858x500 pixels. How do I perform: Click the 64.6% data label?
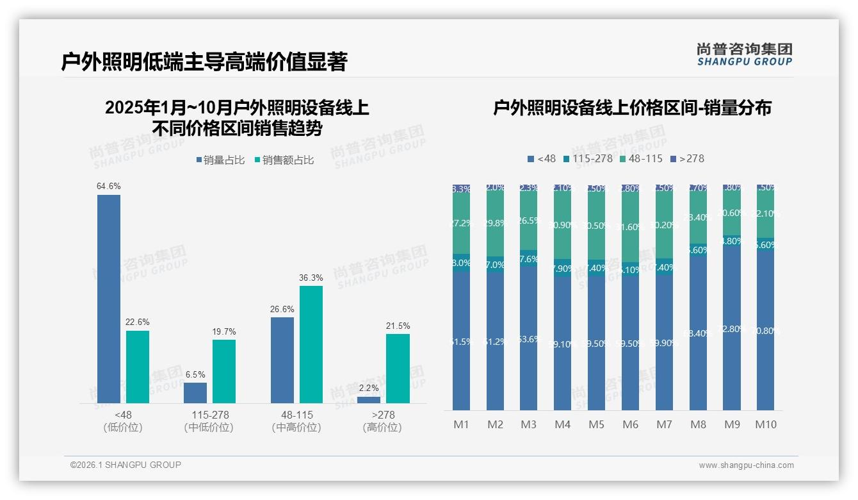109,186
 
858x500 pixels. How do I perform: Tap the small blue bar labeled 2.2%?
369,400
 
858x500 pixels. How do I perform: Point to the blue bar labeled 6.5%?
195,393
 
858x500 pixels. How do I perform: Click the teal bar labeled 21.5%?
398,369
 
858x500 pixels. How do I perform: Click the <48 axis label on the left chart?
122,415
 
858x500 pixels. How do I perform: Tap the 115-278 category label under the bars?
209,415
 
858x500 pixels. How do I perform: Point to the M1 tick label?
462,424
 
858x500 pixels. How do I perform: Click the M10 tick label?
765,424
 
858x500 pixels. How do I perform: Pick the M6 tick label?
630,424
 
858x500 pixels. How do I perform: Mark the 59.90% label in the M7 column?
664,342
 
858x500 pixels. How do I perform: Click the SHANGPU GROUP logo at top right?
744,54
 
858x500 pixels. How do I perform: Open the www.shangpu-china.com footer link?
746,465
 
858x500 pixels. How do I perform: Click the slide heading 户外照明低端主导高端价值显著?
204,62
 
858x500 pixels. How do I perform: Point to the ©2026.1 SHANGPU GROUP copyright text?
125,465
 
